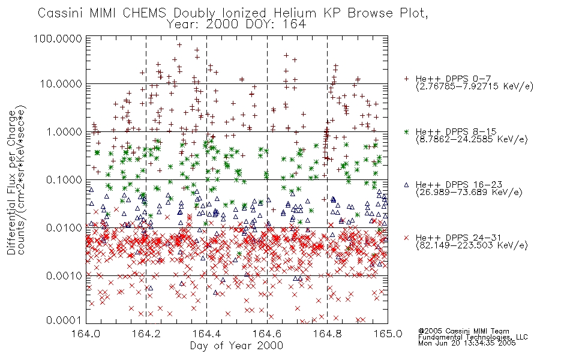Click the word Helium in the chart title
[295, 13]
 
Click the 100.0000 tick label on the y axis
[58, 38]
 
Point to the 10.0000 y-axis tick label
[61, 84]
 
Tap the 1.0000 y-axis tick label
[64, 131]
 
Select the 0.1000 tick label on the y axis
[64, 179]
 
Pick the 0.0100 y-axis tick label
[64, 228]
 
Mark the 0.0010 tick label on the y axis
[64, 276]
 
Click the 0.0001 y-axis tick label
[64, 320]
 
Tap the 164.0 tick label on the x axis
[86, 334]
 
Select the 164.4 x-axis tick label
[206, 334]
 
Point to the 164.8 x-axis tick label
[327, 334]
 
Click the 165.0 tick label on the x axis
[388, 334]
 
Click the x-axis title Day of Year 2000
[236, 346]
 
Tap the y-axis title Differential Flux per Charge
[12, 182]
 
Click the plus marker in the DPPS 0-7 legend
[406, 79]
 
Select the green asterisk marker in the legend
[406, 131]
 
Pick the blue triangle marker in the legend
[406, 185]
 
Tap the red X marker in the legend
[406, 238]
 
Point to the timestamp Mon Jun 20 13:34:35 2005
[467, 343]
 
